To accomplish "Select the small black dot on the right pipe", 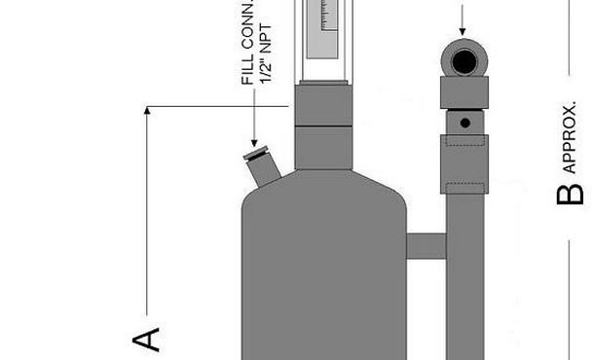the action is click(x=464, y=123).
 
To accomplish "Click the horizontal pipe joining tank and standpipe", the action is click(x=425, y=245).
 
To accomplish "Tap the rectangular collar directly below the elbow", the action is click(x=464, y=93).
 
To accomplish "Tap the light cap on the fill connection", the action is click(x=256, y=152).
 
